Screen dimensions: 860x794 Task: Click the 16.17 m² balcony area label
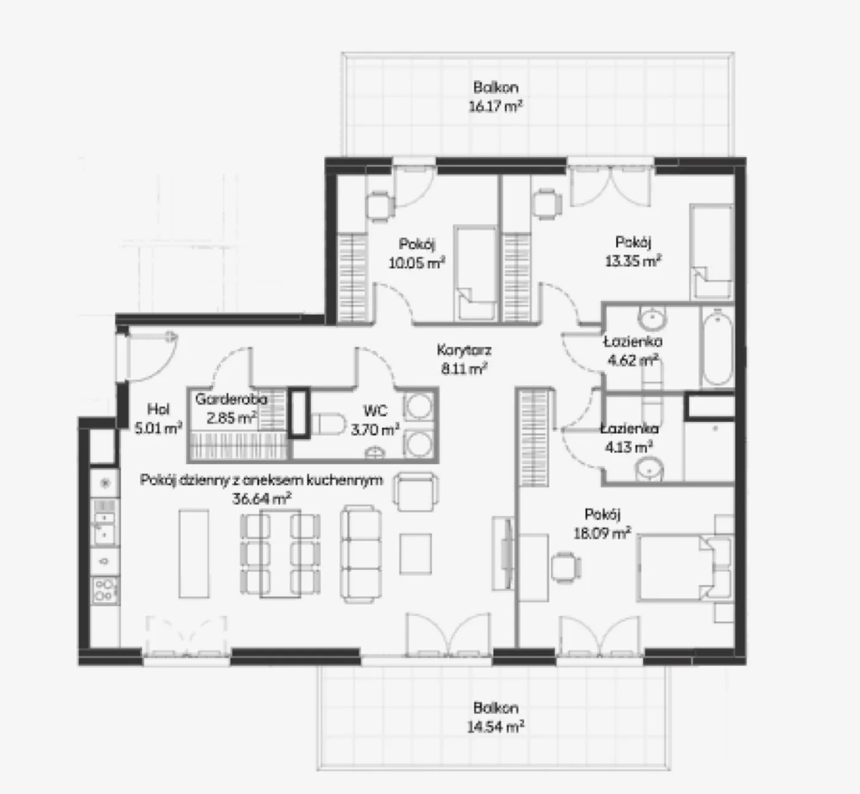(x=495, y=106)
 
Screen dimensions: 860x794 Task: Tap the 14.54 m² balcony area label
(x=495, y=726)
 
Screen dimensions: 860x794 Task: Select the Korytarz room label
(x=464, y=350)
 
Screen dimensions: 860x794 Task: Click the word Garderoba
(x=231, y=399)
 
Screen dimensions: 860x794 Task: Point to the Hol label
(x=158, y=409)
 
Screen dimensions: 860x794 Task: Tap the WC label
(x=375, y=410)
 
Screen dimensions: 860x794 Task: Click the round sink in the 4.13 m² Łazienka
(x=649, y=469)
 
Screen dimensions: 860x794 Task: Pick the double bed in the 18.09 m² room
(x=684, y=568)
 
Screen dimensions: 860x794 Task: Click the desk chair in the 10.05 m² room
(x=380, y=206)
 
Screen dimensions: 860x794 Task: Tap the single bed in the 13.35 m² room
(x=711, y=252)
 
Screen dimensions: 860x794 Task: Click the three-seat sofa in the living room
(x=361, y=554)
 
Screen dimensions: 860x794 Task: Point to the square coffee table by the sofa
(x=415, y=554)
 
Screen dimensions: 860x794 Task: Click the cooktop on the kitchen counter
(x=105, y=591)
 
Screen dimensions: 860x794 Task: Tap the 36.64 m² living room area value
(x=262, y=499)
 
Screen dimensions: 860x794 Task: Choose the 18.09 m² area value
(x=602, y=534)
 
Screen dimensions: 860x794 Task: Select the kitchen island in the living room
(x=193, y=554)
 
